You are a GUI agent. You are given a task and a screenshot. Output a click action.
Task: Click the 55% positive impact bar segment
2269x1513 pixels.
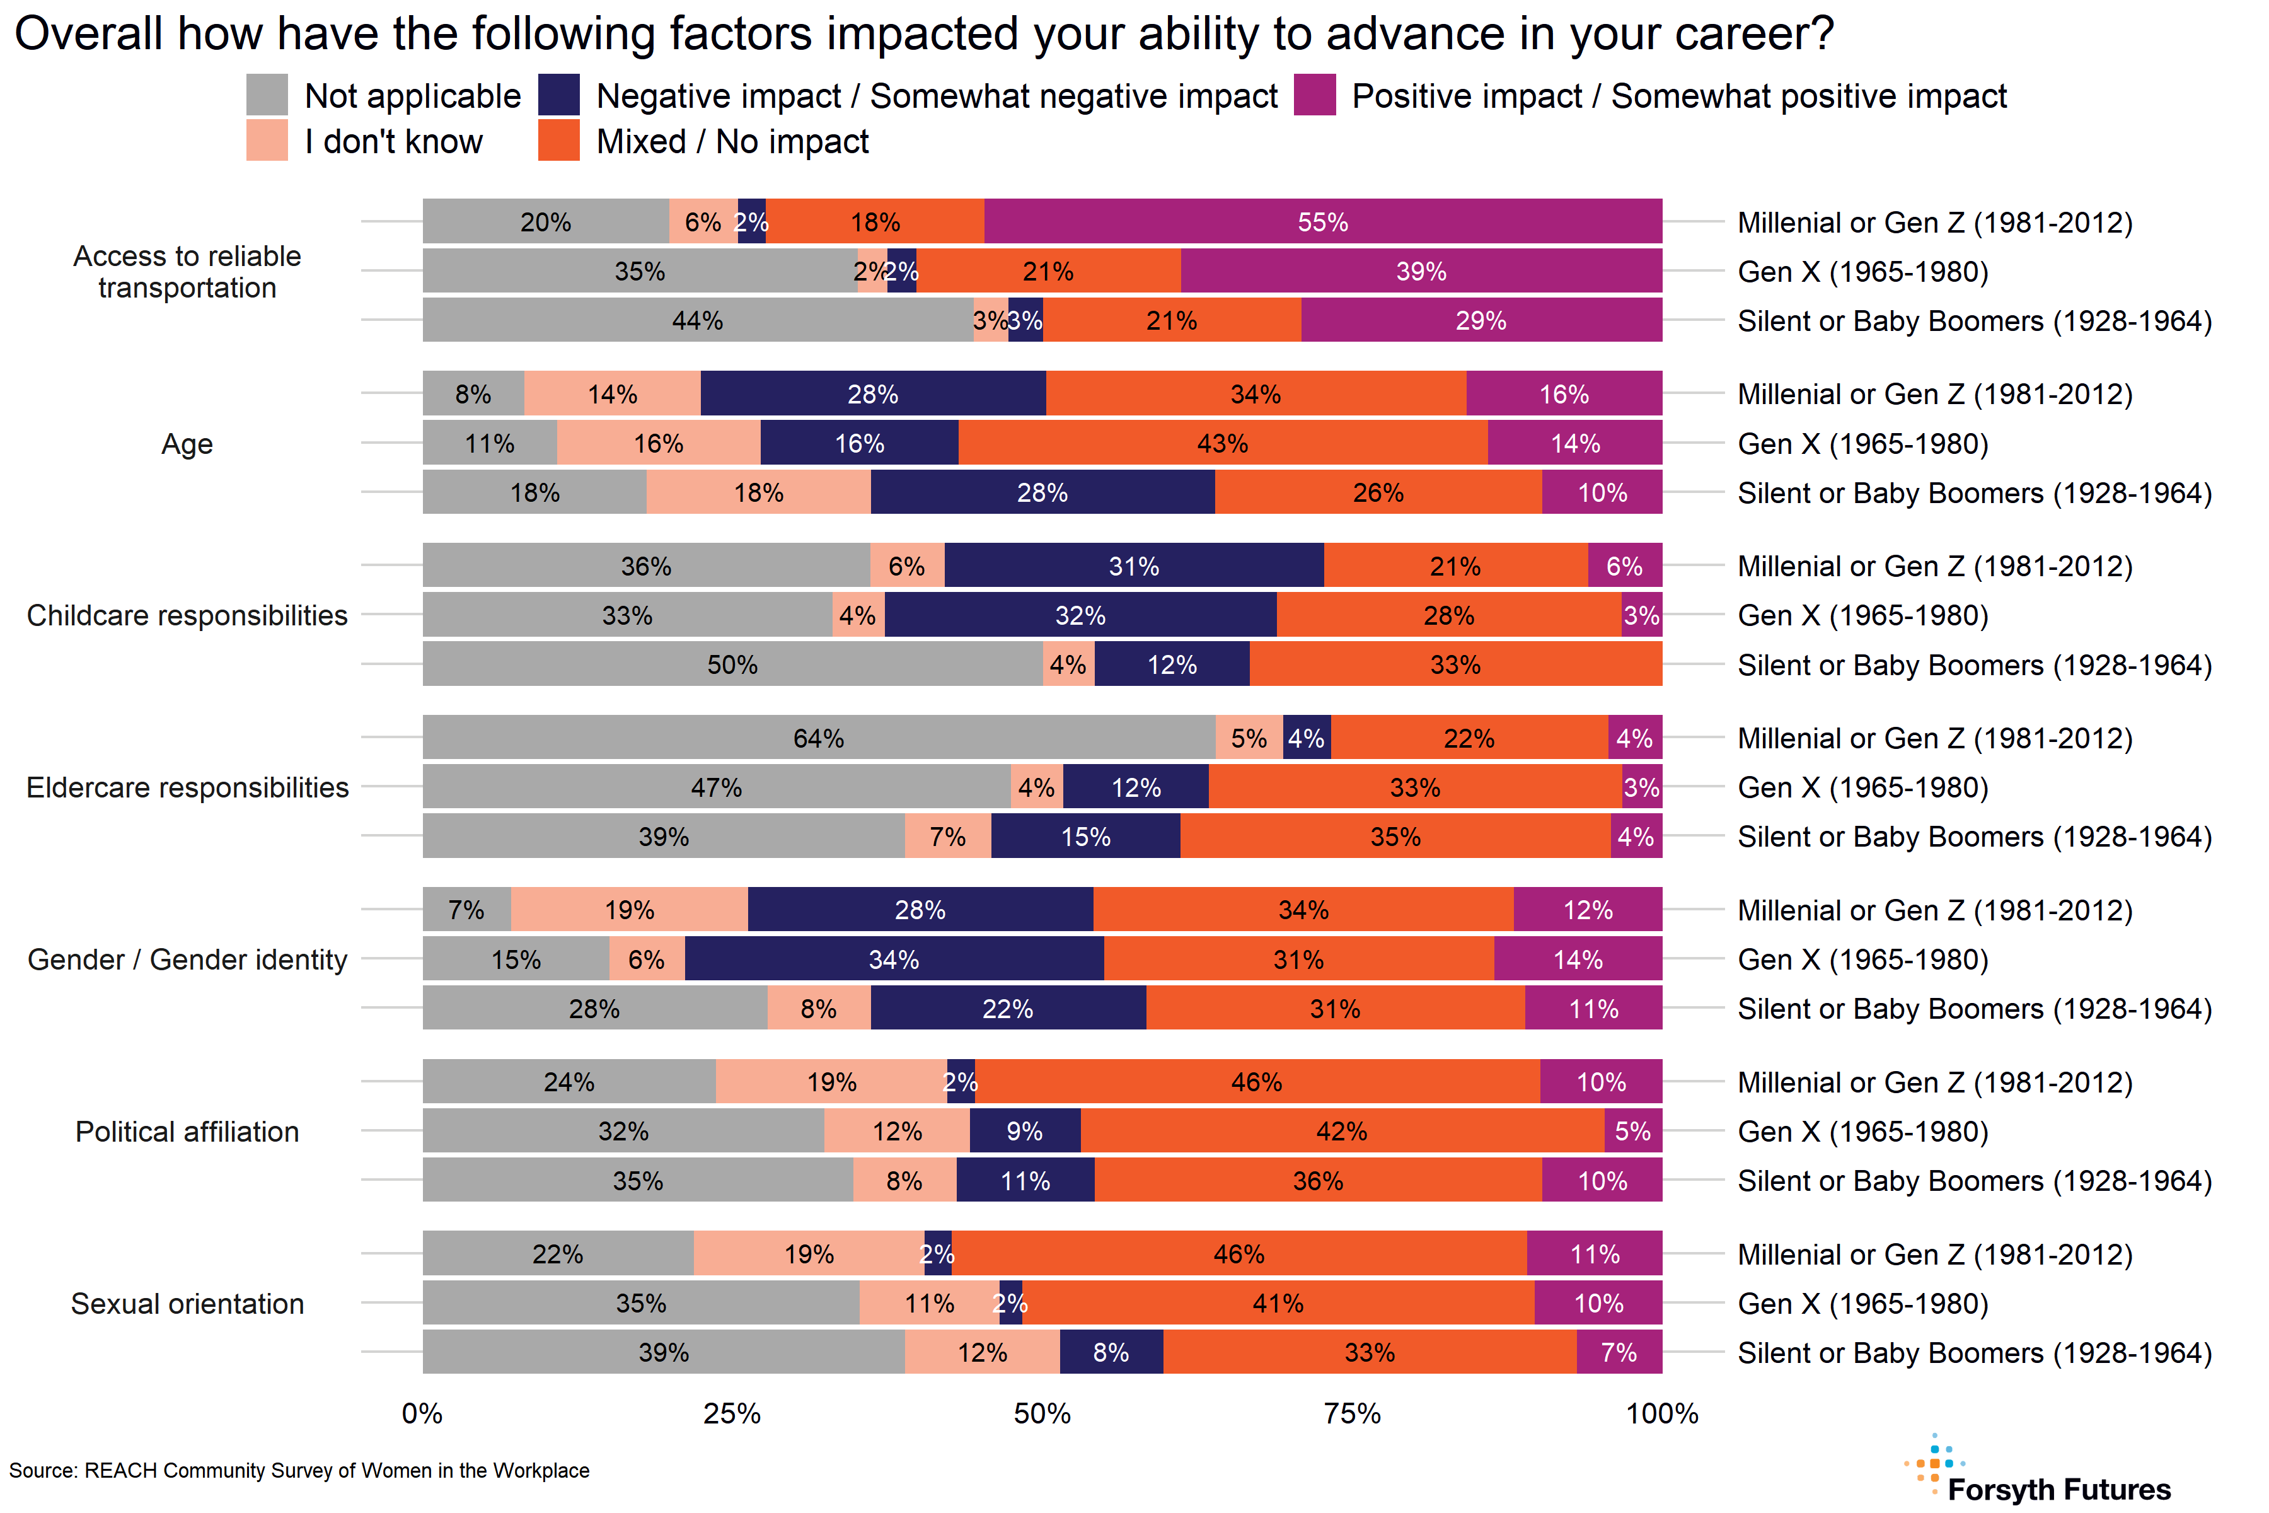point(1322,222)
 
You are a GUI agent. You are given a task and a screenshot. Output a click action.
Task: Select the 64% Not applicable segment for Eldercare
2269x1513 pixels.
point(818,738)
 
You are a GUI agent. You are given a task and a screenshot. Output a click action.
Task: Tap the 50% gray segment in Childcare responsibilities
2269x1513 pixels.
point(732,665)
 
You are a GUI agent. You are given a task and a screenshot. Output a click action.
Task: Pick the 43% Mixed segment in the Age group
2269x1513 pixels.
point(1222,443)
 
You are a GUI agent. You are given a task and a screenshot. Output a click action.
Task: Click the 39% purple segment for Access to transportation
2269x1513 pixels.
point(1421,271)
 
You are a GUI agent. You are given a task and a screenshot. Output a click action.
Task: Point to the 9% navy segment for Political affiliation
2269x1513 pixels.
point(1025,1131)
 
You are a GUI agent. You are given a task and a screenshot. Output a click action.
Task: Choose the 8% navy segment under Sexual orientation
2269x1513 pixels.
point(1111,1352)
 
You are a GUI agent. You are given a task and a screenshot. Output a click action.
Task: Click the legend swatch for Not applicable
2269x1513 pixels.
point(267,96)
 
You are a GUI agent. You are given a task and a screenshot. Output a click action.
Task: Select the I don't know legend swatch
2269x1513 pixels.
point(267,141)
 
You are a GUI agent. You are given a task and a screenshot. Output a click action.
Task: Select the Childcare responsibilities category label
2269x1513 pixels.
point(187,616)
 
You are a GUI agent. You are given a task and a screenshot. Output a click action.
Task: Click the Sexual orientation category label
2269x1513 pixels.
point(187,1304)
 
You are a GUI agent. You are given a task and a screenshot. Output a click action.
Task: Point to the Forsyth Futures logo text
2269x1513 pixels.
point(2058,1490)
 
